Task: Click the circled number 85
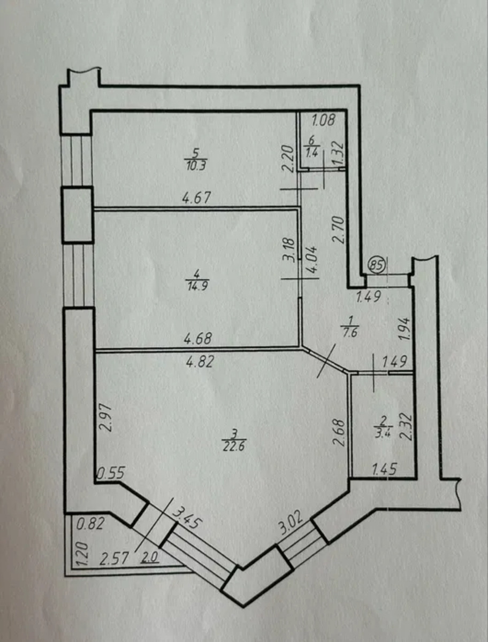[x=377, y=266]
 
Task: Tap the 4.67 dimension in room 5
[x=196, y=198]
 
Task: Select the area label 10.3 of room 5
[x=196, y=166]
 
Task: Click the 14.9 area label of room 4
[x=196, y=285]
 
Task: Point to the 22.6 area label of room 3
[x=234, y=447]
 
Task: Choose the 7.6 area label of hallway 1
[x=350, y=333]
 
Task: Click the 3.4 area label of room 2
[x=383, y=431]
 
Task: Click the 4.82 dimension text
[x=200, y=362]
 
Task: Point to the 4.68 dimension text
[x=197, y=339]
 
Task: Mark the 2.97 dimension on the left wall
[x=105, y=418]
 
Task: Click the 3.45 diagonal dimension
[x=187, y=518]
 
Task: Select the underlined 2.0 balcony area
[x=150, y=557]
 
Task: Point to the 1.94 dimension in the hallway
[x=405, y=328]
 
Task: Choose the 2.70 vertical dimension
[x=338, y=230]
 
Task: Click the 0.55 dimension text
[x=111, y=473]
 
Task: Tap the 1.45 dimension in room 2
[x=384, y=470]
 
